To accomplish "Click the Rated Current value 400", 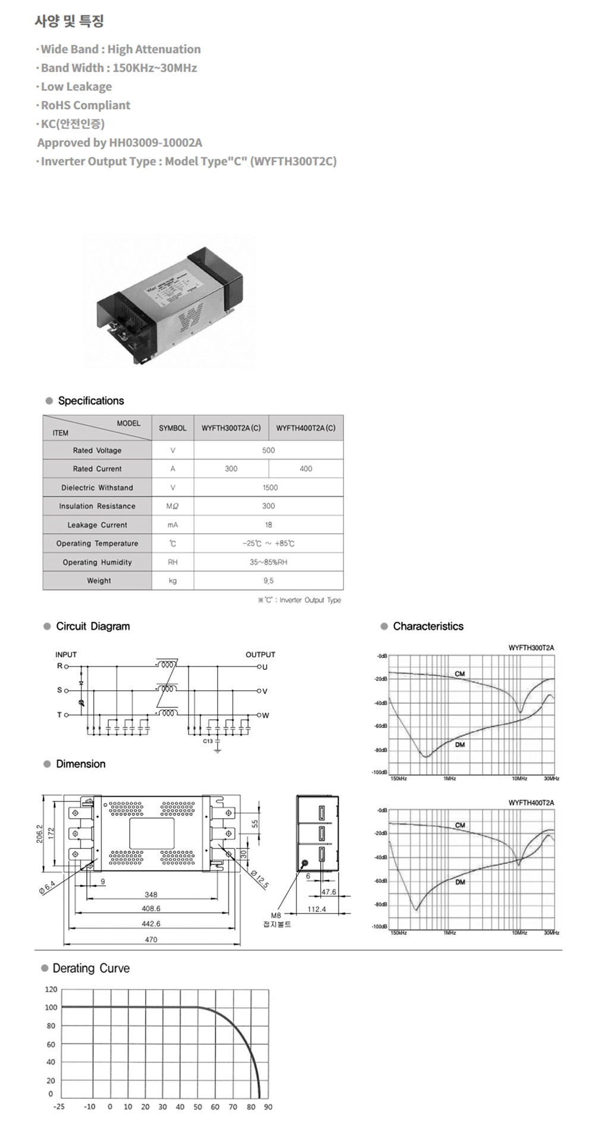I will tap(306, 469).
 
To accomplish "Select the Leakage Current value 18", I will tap(268, 525).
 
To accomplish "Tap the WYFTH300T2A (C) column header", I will tap(231, 428).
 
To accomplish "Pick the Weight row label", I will tap(99, 581).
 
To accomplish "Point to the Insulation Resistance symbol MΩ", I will tap(173, 506).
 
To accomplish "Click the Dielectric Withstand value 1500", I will tap(270, 488).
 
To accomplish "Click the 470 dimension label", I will tap(151, 939).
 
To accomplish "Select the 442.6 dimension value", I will tap(151, 924).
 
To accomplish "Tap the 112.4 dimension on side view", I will tap(317, 909).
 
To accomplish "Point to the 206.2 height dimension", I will tap(40, 833).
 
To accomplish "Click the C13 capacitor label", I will tap(208, 741).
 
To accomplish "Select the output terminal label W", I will tap(265, 716).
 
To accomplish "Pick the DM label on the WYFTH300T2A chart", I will tap(460, 745).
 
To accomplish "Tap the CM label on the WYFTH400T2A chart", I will tap(460, 825).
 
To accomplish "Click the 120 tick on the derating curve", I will tap(51, 989).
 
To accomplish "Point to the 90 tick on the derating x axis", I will tap(268, 1107).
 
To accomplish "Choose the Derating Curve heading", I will tap(91, 969).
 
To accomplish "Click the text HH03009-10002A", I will tap(156, 143).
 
